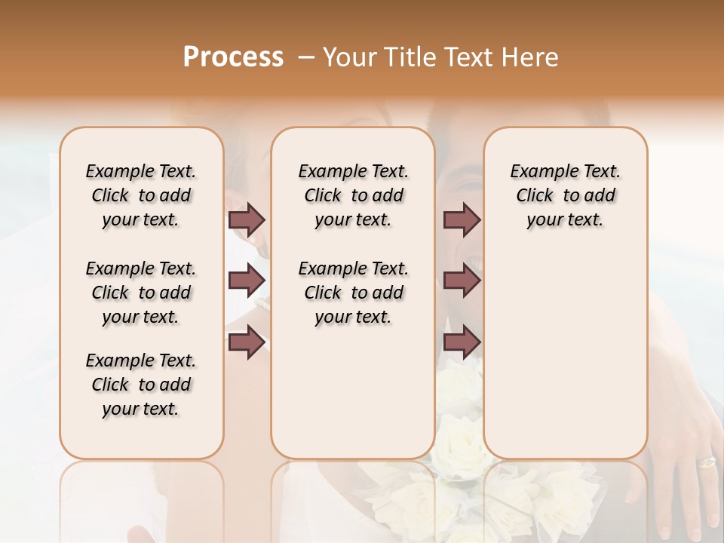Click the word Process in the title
coord(233,57)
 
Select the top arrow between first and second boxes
coord(247,219)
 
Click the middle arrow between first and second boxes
coord(247,281)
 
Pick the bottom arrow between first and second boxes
coord(247,342)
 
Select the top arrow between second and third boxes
coord(462,219)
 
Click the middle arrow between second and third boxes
coord(462,281)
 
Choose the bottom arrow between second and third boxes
coord(462,342)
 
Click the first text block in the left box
coord(141,195)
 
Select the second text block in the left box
coord(141,293)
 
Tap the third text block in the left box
coord(141,385)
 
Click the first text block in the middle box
coord(354,195)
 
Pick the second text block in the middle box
coord(354,293)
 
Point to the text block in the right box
coord(566,195)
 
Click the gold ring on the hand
coord(706,462)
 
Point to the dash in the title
coord(306,57)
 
